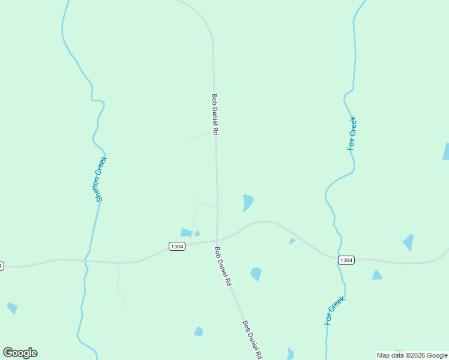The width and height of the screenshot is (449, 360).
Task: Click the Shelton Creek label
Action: click(x=100, y=179)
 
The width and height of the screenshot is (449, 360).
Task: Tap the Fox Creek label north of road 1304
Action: click(x=352, y=133)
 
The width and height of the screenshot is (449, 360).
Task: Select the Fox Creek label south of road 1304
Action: click(x=335, y=311)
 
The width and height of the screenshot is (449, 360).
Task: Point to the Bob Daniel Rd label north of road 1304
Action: click(x=214, y=114)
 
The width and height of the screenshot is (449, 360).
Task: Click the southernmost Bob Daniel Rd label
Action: click(x=252, y=339)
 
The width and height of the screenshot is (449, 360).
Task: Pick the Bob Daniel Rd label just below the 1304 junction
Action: click(x=223, y=266)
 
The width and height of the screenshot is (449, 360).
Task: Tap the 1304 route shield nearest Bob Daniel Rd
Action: click(x=176, y=247)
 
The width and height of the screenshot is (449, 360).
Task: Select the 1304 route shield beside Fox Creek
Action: click(x=346, y=260)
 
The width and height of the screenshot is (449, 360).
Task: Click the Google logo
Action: click(x=20, y=353)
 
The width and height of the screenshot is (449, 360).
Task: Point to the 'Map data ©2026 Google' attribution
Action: click(x=412, y=355)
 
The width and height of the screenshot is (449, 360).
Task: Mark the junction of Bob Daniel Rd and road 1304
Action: click(x=217, y=239)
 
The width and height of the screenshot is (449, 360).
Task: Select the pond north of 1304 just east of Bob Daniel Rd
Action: click(x=247, y=202)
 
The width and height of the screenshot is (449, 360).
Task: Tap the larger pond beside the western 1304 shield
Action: click(x=186, y=233)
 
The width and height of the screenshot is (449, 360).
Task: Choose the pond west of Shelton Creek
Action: click(x=12, y=308)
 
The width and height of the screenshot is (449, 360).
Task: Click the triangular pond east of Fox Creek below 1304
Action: click(x=376, y=275)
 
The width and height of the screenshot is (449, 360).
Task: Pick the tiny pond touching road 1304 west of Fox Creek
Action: click(x=292, y=241)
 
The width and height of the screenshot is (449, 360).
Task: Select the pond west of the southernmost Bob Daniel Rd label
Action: click(x=199, y=331)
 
